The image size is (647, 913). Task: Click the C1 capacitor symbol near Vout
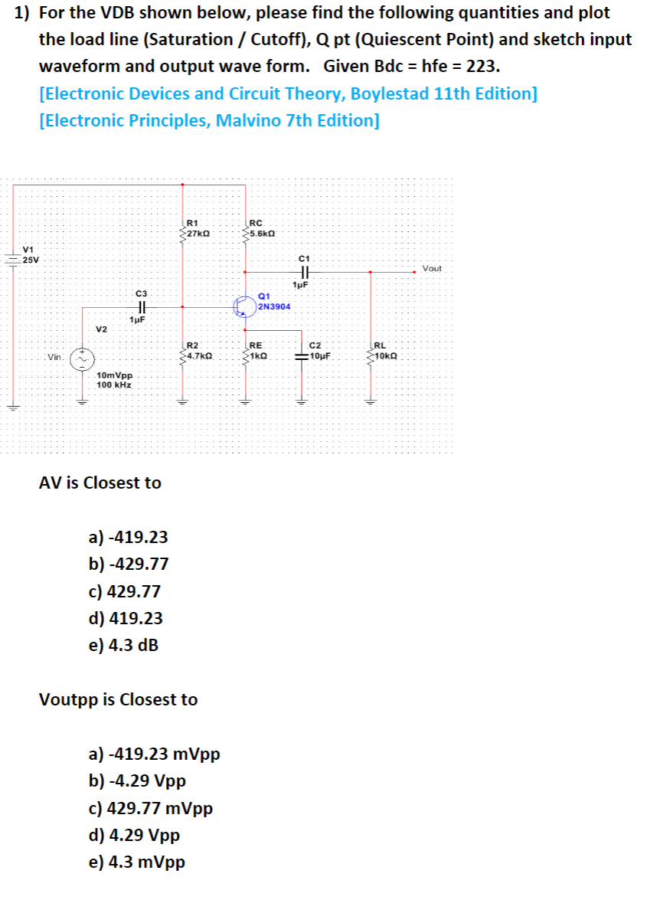click(x=304, y=271)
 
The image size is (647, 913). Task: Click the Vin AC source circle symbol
click(x=82, y=358)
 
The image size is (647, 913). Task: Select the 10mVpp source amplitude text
click(x=115, y=376)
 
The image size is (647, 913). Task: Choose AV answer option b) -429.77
click(x=129, y=564)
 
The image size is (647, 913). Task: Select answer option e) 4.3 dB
click(x=124, y=645)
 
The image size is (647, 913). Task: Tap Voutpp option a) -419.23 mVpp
click(x=155, y=754)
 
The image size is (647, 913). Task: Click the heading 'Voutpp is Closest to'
click(x=118, y=699)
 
